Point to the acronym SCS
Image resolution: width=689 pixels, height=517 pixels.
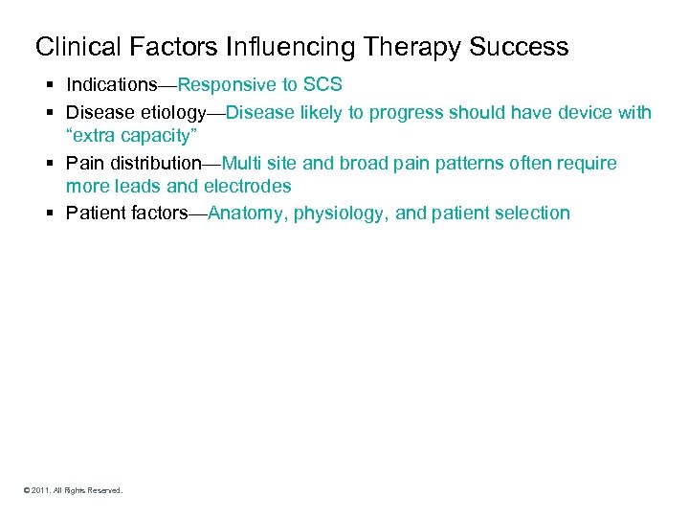click(x=322, y=86)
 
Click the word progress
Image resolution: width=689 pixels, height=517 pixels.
click(x=388, y=113)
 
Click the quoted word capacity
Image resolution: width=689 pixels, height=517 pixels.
click(x=160, y=136)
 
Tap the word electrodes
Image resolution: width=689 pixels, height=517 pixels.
click(x=247, y=187)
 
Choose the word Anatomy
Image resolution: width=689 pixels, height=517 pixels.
click(x=244, y=214)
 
